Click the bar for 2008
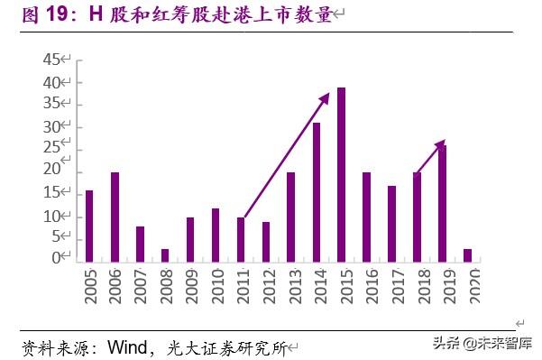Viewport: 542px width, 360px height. coord(165,257)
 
